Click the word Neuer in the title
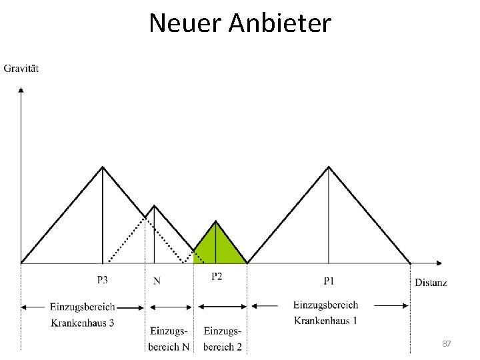(185, 23)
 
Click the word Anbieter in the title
(279, 23)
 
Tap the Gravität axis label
(21, 69)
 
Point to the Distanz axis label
(431, 283)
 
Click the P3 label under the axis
(103, 280)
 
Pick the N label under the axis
(157, 281)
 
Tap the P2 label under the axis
(217, 277)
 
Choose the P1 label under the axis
(329, 281)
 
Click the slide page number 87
(447, 343)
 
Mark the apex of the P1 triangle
(329, 167)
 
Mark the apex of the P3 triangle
(103, 167)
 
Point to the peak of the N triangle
(154, 205)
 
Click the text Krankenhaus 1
(325, 320)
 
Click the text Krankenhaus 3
(83, 323)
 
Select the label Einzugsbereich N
(169, 339)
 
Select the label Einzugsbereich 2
(223, 339)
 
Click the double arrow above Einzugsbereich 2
(223, 307)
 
